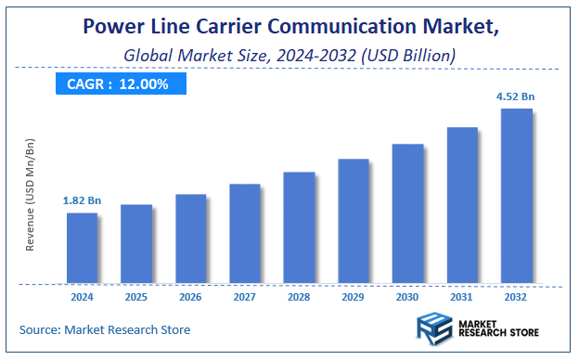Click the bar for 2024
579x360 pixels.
(x=82, y=248)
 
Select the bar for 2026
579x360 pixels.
(x=190, y=238)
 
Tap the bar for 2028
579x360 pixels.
(x=299, y=227)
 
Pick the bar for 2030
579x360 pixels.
(x=407, y=213)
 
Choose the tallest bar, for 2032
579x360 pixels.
(x=516, y=196)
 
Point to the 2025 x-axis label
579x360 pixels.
(x=135, y=298)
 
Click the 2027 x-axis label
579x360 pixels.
(x=244, y=298)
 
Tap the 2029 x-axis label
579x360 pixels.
(x=353, y=298)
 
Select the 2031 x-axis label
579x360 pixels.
(x=461, y=298)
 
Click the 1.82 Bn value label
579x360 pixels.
(x=81, y=200)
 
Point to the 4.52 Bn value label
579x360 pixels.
(x=516, y=96)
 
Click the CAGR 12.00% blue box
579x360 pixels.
(x=117, y=84)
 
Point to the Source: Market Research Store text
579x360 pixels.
(x=104, y=329)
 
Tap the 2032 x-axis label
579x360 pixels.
(x=516, y=298)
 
